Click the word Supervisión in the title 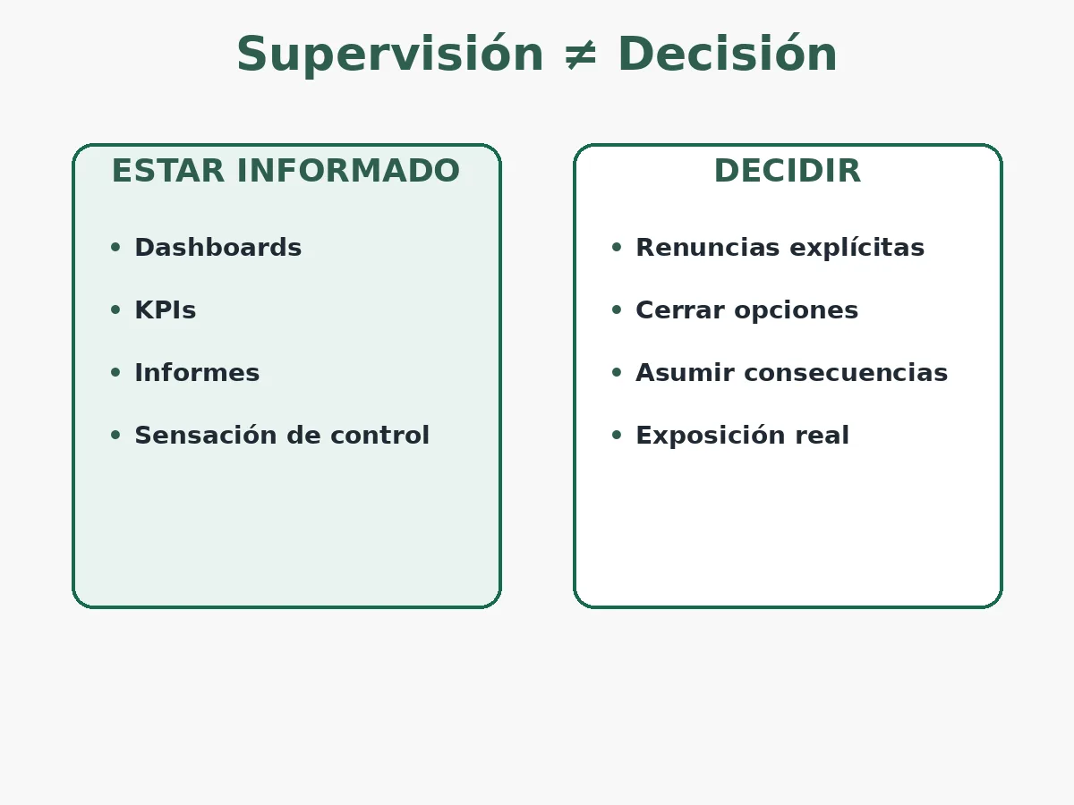click(389, 55)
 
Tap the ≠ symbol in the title click(581, 55)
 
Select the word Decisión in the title click(727, 55)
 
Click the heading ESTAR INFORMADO click(286, 171)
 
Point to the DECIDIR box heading click(787, 171)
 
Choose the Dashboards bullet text click(217, 248)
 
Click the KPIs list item click(165, 310)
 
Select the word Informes click(197, 373)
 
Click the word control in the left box click(383, 436)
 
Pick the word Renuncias click(694, 248)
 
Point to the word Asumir click(674, 373)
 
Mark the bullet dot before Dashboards click(115, 248)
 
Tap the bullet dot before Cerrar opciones click(616, 310)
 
